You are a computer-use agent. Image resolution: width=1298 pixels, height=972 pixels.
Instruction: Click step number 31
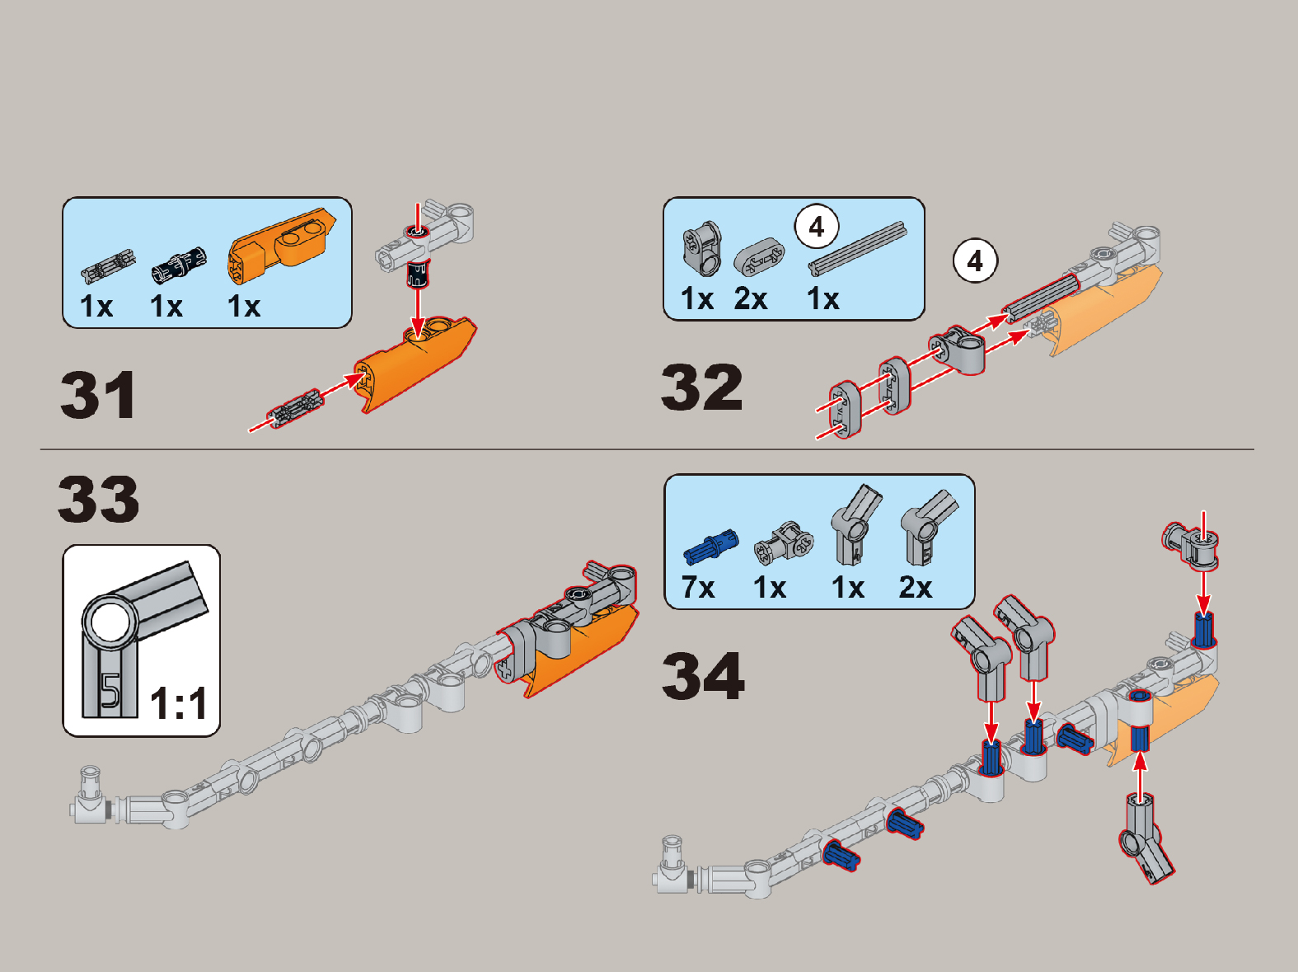pyautogui.click(x=98, y=395)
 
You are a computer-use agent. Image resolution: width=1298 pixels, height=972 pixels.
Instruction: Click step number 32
pyautogui.click(x=702, y=387)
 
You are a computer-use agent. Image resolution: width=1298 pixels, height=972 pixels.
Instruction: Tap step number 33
pyautogui.click(x=99, y=499)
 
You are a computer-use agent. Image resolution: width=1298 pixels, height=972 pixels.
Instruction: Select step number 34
pyautogui.click(x=703, y=676)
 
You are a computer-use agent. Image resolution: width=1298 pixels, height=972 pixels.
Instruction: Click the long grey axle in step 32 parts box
pyautogui.click(x=857, y=247)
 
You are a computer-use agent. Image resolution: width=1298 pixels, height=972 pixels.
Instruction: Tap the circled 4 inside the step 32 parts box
pyautogui.click(x=817, y=227)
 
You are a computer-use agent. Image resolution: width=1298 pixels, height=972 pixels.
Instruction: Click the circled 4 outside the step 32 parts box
pyautogui.click(x=975, y=261)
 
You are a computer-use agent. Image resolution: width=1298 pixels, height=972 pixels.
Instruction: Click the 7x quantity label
pyautogui.click(x=698, y=588)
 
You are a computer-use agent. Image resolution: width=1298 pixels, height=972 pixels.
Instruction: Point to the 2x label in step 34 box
pyautogui.click(x=915, y=588)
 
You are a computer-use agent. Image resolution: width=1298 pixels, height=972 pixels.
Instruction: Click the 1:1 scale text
pyautogui.click(x=179, y=704)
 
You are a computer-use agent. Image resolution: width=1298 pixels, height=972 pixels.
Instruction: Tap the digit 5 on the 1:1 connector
pyautogui.click(x=110, y=691)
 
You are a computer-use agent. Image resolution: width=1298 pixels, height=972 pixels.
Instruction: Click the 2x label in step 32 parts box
pyautogui.click(x=750, y=298)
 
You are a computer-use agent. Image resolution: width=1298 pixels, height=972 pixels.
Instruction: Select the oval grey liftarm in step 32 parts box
pyautogui.click(x=759, y=256)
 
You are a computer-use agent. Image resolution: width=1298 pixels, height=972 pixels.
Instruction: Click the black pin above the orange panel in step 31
pyautogui.click(x=419, y=272)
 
